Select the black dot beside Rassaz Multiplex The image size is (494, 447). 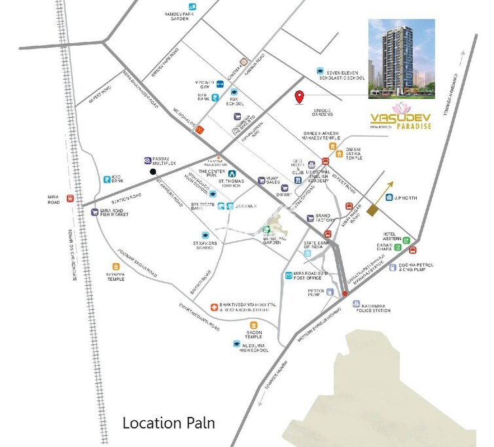click(x=153, y=172)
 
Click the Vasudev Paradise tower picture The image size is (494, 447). click(x=400, y=60)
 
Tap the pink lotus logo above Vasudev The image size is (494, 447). click(x=400, y=109)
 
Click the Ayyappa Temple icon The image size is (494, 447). click(x=116, y=266)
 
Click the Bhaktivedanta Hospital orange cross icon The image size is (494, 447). click(x=214, y=306)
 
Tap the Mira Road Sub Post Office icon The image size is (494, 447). click(x=288, y=276)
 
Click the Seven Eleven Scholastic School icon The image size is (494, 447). click(x=319, y=71)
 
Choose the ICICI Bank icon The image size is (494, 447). click(x=106, y=179)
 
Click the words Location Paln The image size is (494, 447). click(x=169, y=423)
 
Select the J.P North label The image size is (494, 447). click(x=406, y=196)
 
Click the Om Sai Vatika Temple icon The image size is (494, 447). click(x=339, y=154)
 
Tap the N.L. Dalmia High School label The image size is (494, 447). click(x=255, y=348)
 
